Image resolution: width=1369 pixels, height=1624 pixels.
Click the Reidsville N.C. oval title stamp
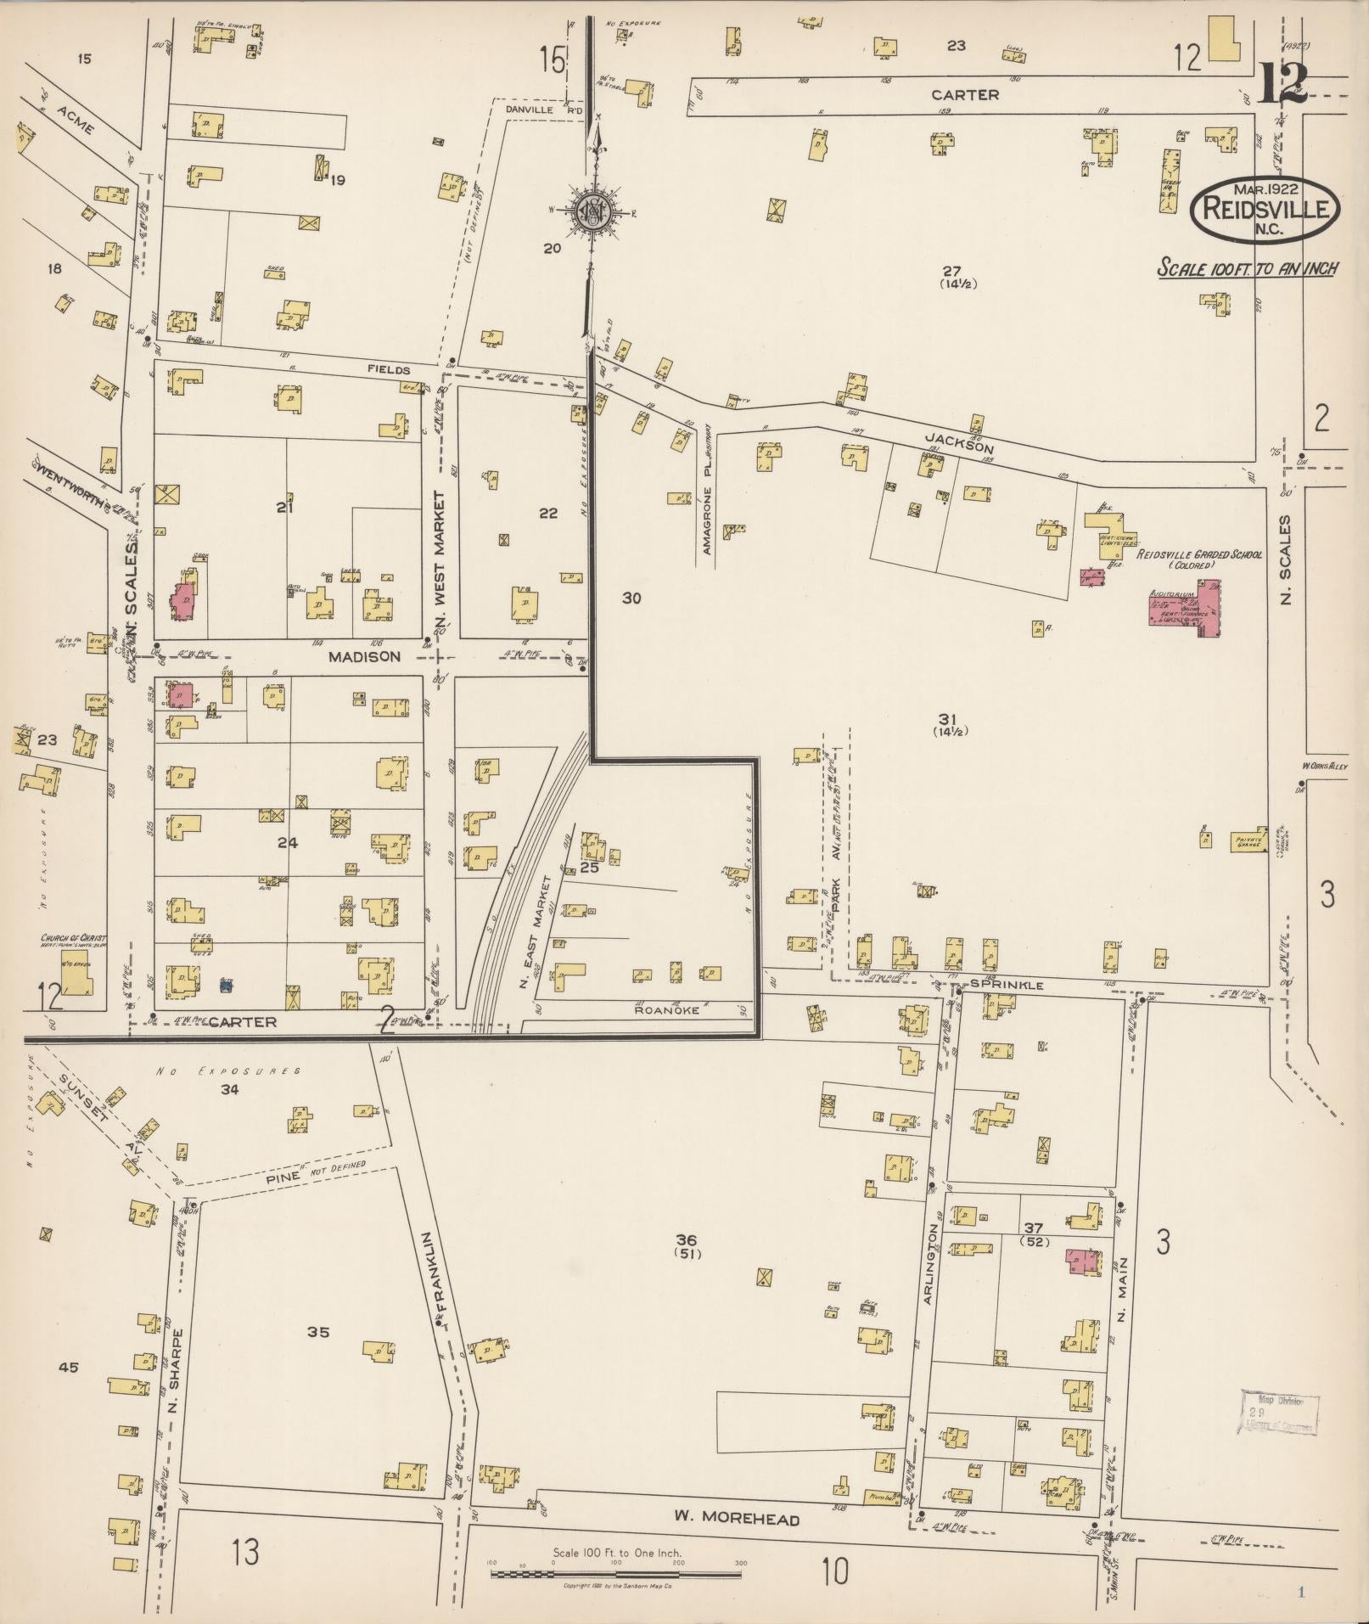coord(1265,207)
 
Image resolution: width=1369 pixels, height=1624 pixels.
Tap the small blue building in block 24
coord(226,985)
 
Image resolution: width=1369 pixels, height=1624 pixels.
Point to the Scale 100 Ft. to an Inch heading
coord(1248,268)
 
